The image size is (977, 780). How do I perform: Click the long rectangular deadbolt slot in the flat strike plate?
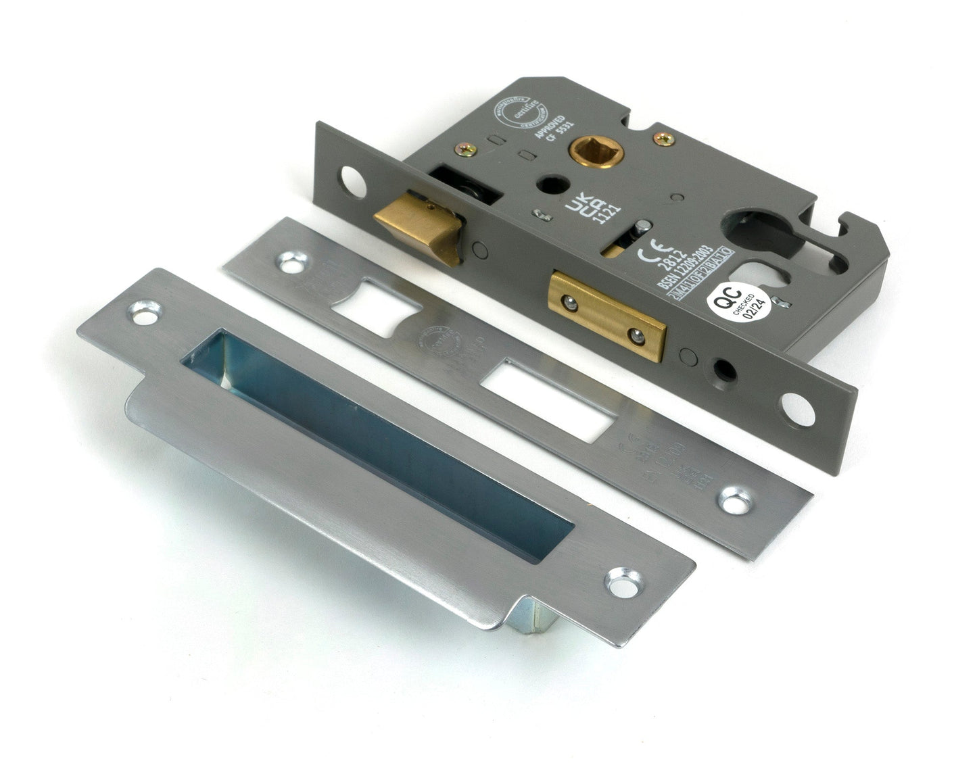[x=552, y=399]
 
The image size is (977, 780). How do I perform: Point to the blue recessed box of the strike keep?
[x=379, y=433]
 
